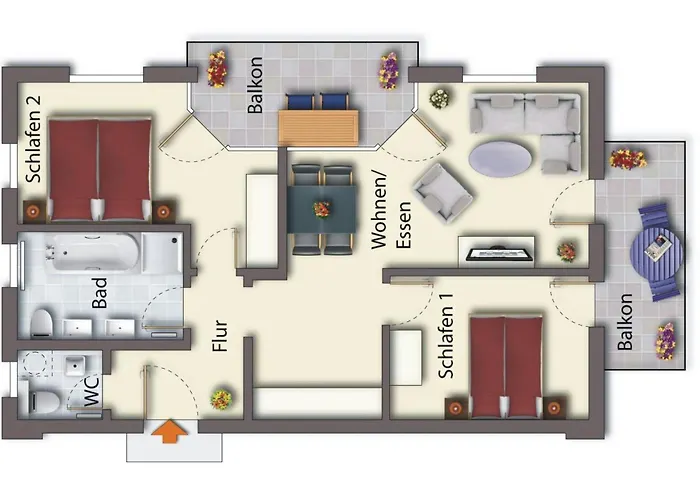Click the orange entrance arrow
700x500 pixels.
click(x=169, y=431)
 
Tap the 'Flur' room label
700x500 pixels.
click(x=220, y=336)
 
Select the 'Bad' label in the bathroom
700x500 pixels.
click(x=100, y=293)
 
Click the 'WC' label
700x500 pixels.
click(x=92, y=392)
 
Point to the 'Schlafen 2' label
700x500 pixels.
click(x=33, y=139)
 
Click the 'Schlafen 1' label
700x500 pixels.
click(x=446, y=336)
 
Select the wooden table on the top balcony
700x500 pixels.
click(x=318, y=127)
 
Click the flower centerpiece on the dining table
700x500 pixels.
click(x=321, y=209)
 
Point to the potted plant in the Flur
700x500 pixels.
click(x=221, y=400)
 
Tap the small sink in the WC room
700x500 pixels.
click(x=75, y=365)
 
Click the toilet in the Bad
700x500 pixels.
click(x=42, y=322)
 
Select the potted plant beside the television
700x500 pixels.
click(x=567, y=252)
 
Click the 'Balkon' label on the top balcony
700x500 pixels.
click(x=255, y=85)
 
